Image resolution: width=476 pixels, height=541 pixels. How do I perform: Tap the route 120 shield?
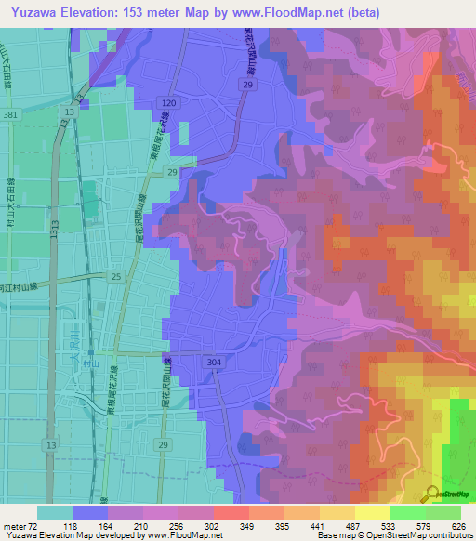pyautogui.click(x=167, y=102)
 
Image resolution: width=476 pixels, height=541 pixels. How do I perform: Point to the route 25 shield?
pyautogui.click(x=116, y=276)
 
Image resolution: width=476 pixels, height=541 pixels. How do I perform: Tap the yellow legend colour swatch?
pyautogui.click(x=373, y=512)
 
